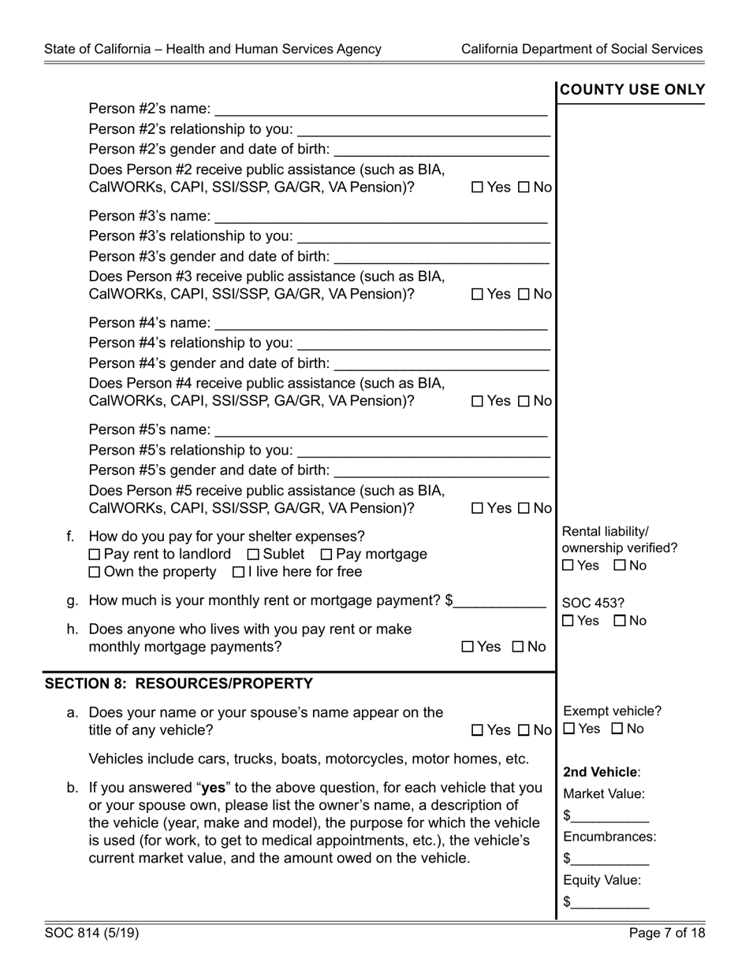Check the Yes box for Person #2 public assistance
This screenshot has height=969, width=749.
tap(477, 187)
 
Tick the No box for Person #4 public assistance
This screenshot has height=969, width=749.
tap(524, 402)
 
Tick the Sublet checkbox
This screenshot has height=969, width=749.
tap(253, 555)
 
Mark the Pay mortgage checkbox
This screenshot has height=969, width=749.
tap(327, 555)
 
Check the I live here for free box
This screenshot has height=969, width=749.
tap(238, 572)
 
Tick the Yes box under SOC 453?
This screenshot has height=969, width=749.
tap(568, 622)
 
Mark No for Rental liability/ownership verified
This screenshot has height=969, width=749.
tap(620, 566)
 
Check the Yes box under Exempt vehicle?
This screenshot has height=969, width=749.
tap(569, 730)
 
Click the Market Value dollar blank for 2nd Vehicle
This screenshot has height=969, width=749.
tap(609, 815)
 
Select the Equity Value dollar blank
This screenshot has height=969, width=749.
tap(609, 902)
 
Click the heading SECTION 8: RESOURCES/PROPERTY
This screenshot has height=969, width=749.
tap(179, 684)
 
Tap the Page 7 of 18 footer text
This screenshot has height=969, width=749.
tap(667, 934)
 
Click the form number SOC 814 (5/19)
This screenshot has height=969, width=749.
tap(91, 934)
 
